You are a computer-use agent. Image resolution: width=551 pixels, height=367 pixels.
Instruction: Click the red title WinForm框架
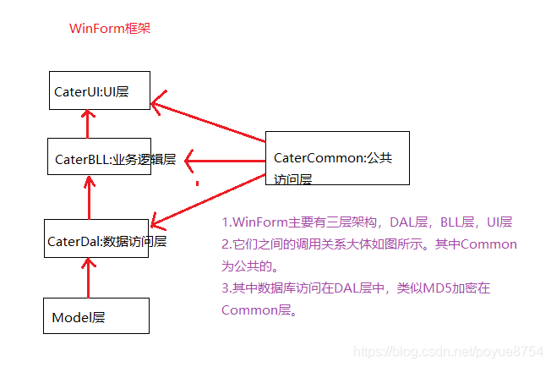[x=110, y=29]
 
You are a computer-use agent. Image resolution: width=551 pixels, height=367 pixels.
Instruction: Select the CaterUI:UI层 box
[x=99, y=90]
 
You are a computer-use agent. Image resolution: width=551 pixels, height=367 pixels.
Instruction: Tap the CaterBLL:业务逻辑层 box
[x=99, y=157]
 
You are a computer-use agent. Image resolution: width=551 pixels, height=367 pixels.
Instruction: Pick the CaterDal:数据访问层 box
[x=96, y=240]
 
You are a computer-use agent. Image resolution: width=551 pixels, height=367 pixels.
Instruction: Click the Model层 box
[x=96, y=315]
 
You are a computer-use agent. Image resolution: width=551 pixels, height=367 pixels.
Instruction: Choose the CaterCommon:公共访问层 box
[x=337, y=158]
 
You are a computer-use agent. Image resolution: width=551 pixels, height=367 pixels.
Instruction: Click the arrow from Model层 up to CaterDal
[x=85, y=278]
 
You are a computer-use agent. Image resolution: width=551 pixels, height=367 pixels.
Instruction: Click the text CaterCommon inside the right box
[x=316, y=158]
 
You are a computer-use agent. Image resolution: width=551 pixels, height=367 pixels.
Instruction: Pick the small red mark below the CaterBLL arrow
[x=197, y=183]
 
